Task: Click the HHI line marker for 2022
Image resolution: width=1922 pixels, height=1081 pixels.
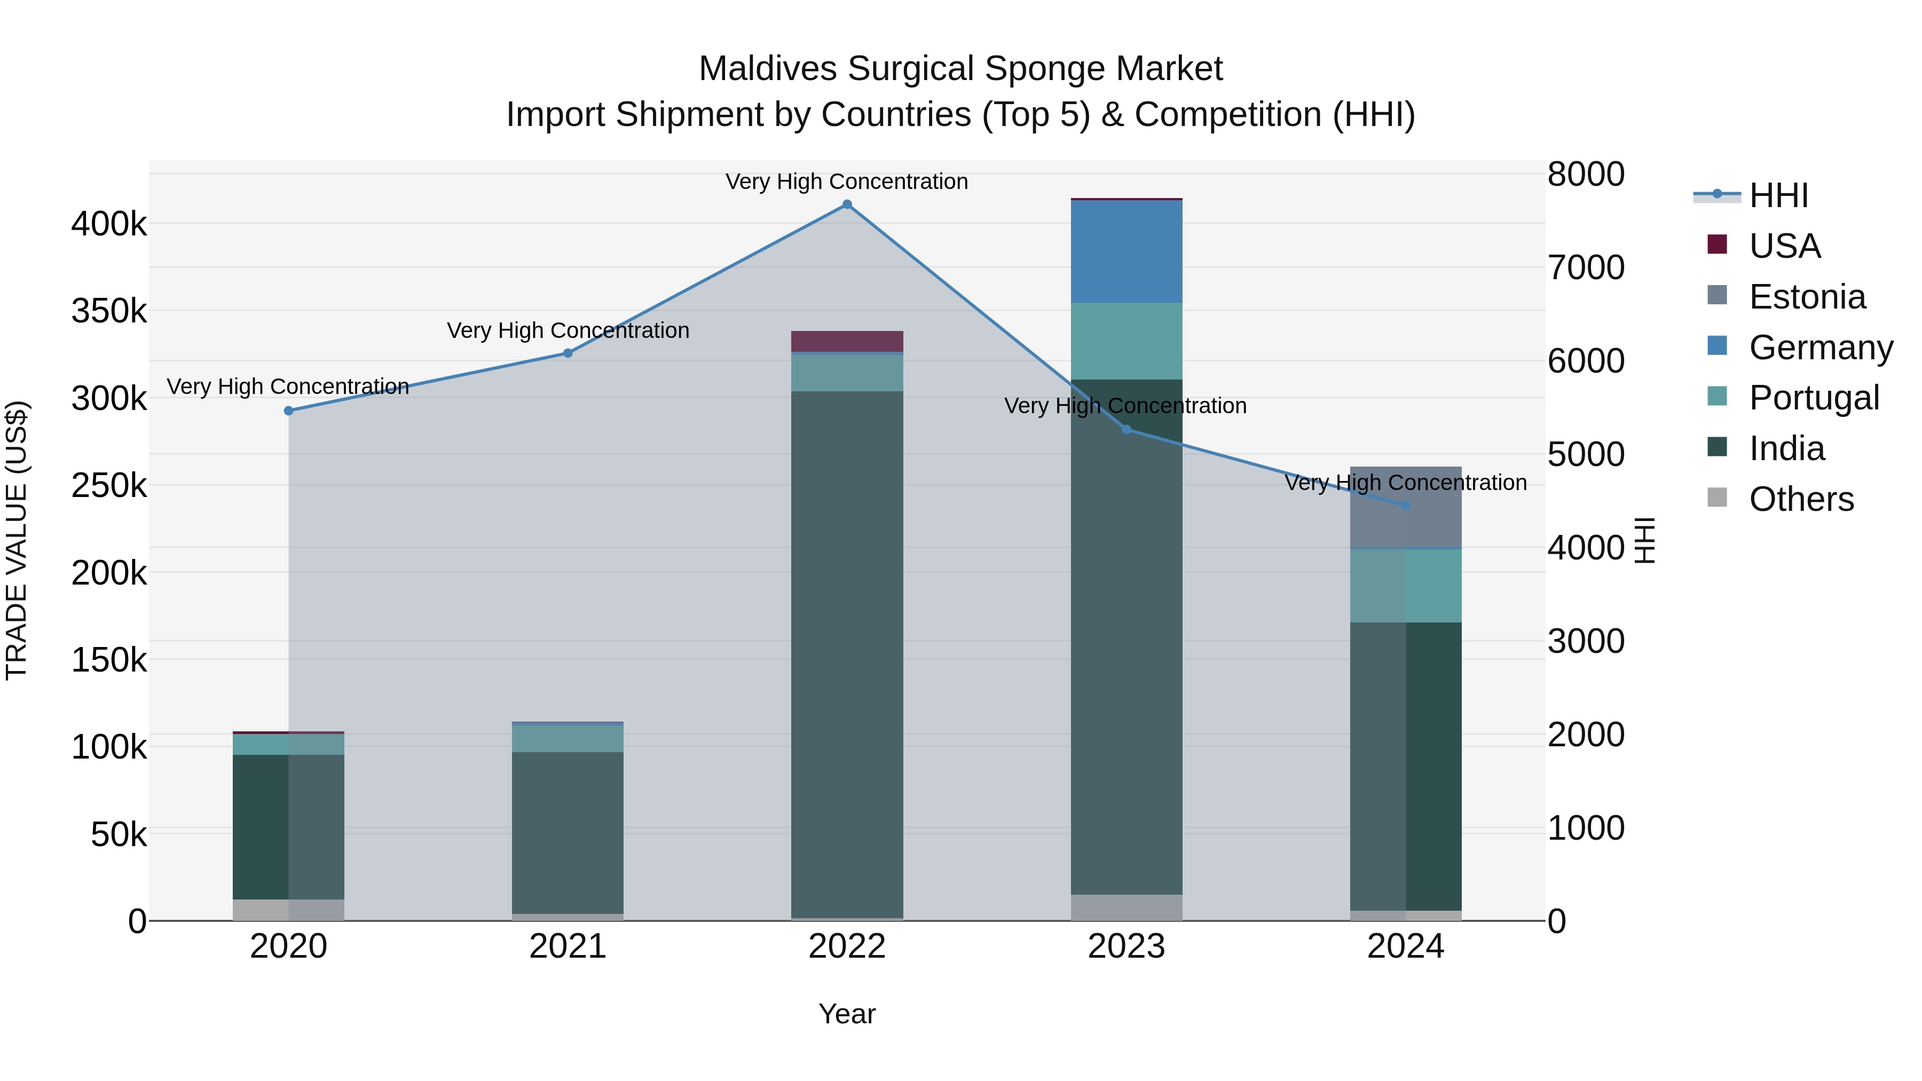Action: (847, 204)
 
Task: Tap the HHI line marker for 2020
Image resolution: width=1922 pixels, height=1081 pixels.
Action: (289, 411)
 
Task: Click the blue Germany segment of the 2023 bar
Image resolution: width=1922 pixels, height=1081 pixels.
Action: (1127, 251)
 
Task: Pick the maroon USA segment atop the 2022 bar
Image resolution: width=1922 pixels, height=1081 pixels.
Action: (847, 342)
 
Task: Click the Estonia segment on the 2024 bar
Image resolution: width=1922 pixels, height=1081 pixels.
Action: (1406, 507)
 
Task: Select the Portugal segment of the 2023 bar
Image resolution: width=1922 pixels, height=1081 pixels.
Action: (1127, 341)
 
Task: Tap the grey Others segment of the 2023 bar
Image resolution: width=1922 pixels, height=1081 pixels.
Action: (1127, 907)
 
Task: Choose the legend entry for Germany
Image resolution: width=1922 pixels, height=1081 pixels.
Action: (1821, 348)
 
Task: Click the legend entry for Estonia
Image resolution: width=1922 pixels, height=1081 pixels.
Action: (1806, 297)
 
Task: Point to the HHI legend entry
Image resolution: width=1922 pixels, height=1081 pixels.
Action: (1778, 195)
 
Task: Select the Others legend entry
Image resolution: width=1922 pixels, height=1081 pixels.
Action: (1800, 499)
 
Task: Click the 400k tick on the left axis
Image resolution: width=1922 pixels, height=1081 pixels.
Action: (109, 224)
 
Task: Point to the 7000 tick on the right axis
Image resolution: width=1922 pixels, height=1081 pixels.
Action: (1586, 268)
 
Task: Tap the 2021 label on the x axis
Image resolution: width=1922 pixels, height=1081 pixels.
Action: (568, 946)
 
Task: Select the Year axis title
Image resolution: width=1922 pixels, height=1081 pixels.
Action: (847, 1014)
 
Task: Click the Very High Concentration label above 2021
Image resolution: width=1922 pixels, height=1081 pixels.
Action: (568, 330)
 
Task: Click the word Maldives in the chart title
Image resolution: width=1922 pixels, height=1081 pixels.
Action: (768, 69)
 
